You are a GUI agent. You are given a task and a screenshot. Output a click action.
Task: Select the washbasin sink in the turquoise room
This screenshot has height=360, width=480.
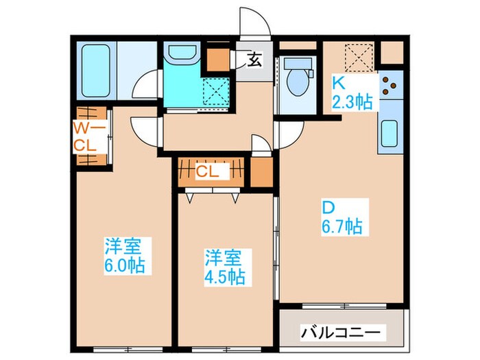(182, 56)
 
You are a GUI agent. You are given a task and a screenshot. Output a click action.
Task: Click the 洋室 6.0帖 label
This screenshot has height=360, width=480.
(125, 255)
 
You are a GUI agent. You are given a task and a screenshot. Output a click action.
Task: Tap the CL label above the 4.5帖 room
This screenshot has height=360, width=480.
(207, 172)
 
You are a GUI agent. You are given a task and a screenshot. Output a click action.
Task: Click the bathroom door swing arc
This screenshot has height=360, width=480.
(145, 87)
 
